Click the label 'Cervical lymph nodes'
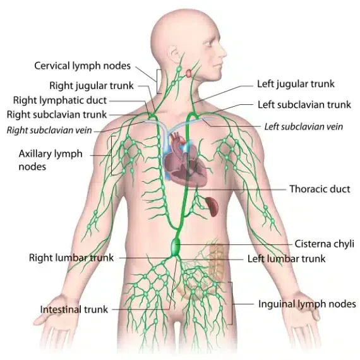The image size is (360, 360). tap(83, 66)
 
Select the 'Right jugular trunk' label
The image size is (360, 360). tap(92, 86)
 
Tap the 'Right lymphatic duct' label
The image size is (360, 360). tap(60, 100)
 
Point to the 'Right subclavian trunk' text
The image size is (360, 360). tap(57, 114)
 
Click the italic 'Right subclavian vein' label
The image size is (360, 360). tap(49, 130)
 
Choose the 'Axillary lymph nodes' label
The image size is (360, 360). tap(51, 160)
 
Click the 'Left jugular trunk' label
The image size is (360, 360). tap(296, 84)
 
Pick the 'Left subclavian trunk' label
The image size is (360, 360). tap(304, 104)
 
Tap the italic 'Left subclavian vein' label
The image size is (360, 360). tap(304, 126)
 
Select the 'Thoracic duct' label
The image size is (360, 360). tap(320, 189)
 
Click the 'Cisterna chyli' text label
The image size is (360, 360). tap(324, 244)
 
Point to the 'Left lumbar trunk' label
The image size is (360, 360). tap(286, 259)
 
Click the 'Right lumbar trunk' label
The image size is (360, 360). tap(71, 258)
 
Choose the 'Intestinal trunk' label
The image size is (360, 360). tap(74, 309)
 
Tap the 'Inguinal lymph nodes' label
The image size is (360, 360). tap(307, 304)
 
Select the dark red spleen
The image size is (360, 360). tap(212, 207)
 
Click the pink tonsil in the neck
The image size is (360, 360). tap(188, 73)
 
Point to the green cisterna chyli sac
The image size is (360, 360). tap(176, 247)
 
